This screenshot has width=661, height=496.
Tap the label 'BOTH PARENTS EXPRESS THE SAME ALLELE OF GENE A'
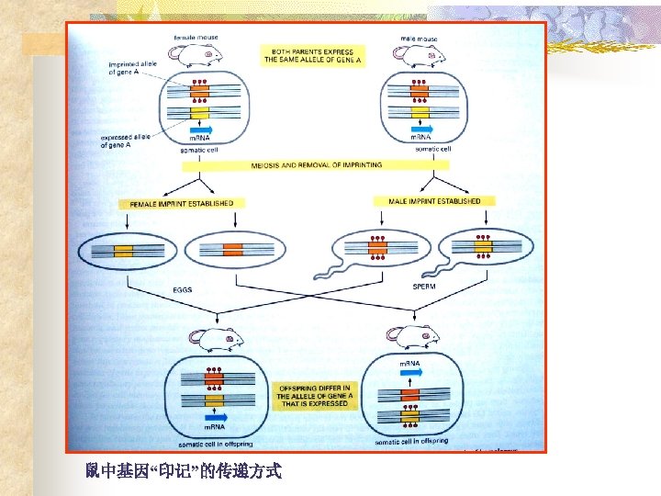(313, 55)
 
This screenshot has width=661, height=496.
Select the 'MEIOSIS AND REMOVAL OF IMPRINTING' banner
(317, 165)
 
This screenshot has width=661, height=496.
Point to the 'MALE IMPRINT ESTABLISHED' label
(434, 200)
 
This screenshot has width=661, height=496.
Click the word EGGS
(184, 289)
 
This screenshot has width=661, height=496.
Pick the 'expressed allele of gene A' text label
(124, 140)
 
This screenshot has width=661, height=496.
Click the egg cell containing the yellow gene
(124, 250)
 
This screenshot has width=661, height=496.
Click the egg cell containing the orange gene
(232, 249)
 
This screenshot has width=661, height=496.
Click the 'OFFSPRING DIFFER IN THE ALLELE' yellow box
(315, 396)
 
